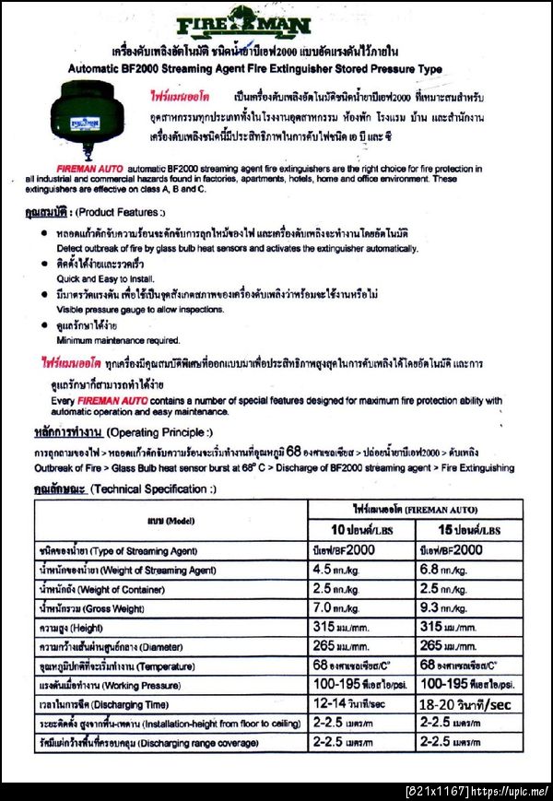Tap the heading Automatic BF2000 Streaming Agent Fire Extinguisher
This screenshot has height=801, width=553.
(x=255, y=69)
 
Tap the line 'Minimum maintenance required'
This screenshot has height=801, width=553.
(x=117, y=340)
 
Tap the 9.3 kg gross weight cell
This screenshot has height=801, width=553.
(x=448, y=608)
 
